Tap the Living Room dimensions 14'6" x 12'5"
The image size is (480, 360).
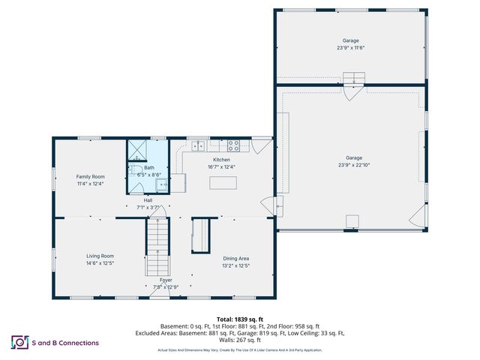(x=100, y=262)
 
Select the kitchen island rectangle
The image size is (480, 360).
(x=223, y=182)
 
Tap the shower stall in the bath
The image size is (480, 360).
(x=137, y=151)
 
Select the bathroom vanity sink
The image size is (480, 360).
(x=162, y=183)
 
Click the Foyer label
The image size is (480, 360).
(x=165, y=280)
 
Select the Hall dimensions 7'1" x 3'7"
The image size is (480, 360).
(x=148, y=207)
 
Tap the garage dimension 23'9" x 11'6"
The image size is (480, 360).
(x=351, y=47)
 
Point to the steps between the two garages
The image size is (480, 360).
(x=352, y=78)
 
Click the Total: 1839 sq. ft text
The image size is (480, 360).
(x=239, y=319)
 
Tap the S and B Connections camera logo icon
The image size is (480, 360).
(x=19, y=343)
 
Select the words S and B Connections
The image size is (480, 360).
(x=65, y=343)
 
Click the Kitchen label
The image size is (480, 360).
(x=221, y=160)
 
